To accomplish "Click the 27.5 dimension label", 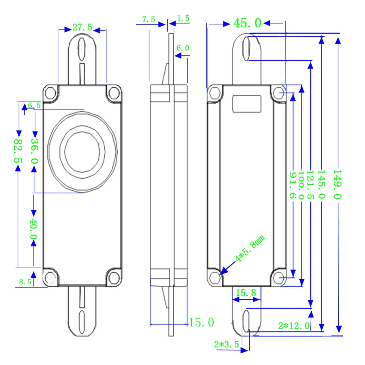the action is pyautogui.click(x=82, y=27).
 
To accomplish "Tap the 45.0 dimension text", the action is pyautogui.click(x=247, y=23).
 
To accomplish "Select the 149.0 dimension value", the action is pyautogui.click(x=337, y=184).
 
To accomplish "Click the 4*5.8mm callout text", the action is pyautogui.click(x=250, y=248).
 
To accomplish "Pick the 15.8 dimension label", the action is pyautogui.click(x=246, y=293).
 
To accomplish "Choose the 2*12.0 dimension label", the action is pyautogui.click(x=294, y=326).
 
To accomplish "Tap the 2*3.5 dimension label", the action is pyautogui.click(x=227, y=344).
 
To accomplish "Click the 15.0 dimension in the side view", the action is pyautogui.click(x=201, y=322).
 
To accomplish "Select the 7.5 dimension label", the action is pyautogui.click(x=149, y=19).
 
